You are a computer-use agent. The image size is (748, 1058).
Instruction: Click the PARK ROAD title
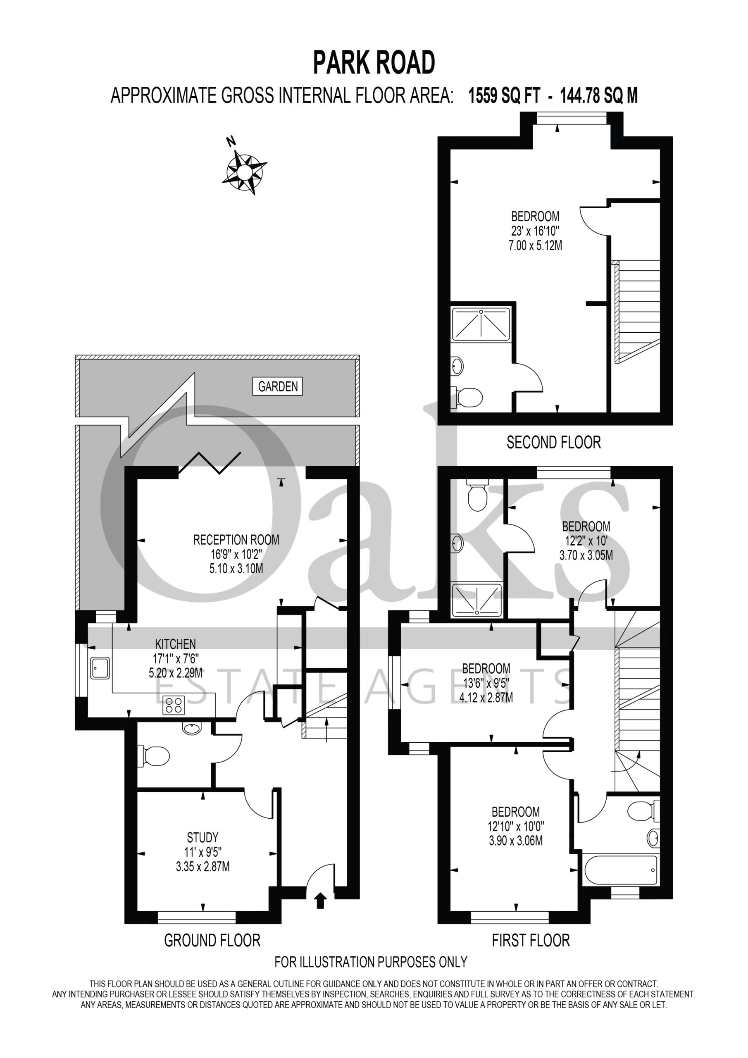tap(374, 63)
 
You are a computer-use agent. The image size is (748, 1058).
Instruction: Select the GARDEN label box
tap(278, 386)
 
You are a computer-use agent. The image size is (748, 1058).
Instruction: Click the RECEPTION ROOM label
tap(236, 540)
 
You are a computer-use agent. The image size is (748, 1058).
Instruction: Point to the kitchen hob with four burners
tap(174, 705)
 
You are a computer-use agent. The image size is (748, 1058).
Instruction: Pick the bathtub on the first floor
tap(621, 870)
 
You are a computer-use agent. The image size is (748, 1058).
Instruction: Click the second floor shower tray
tap(481, 324)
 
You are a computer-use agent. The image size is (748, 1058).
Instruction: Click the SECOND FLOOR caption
tap(553, 442)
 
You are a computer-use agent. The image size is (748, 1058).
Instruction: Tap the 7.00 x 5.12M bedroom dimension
tap(536, 245)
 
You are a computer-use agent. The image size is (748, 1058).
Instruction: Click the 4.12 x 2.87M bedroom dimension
tap(486, 698)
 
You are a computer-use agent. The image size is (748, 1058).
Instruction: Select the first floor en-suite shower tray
tap(476, 600)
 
